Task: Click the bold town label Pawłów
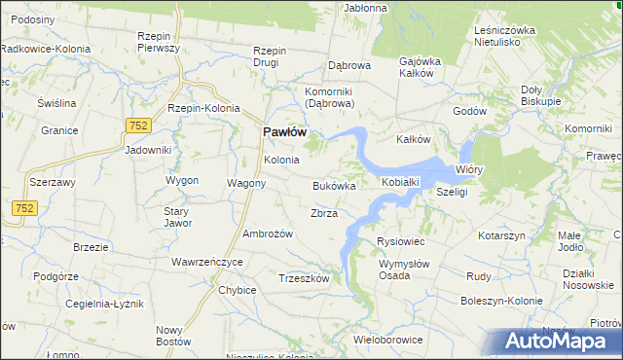pyautogui.click(x=285, y=132)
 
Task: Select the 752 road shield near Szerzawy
pyautogui.click(x=24, y=207)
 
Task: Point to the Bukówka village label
pyautogui.click(x=334, y=185)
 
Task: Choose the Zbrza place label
pyautogui.click(x=323, y=213)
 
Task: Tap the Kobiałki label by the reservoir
pyautogui.click(x=400, y=182)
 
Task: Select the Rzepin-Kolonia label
pyautogui.click(x=203, y=108)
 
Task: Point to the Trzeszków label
pyautogui.click(x=304, y=277)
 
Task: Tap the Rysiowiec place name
pyautogui.click(x=401, y=241)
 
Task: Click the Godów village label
pyautogui.click(x=469, y=111)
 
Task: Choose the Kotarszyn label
pyautogui.click(x=502, y=236)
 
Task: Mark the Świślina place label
pyautogui.click(x=56, y=103)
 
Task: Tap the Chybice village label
pyautogui.click(x=238, y=290)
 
